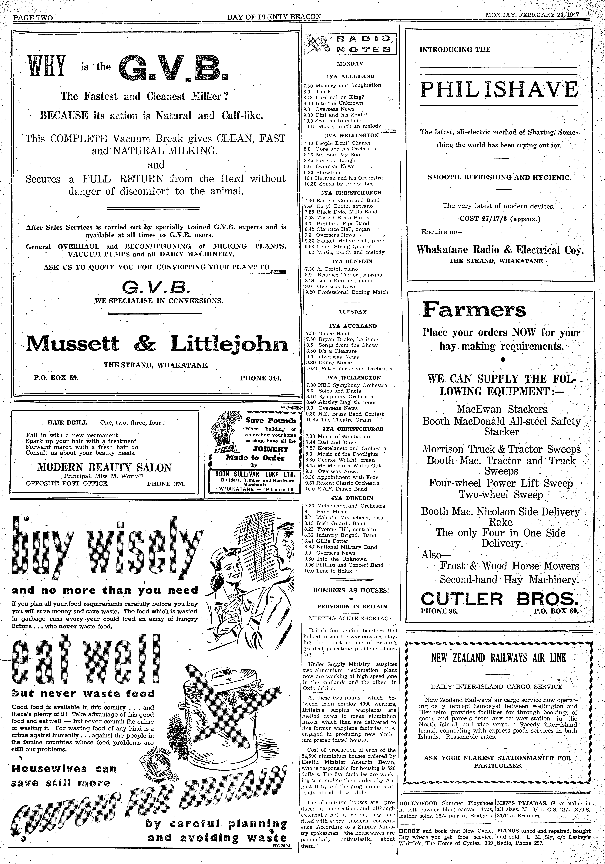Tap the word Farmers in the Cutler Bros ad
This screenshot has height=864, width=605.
(x=474, y=310)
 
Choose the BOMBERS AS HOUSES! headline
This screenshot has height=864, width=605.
(x=351, y=590)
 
